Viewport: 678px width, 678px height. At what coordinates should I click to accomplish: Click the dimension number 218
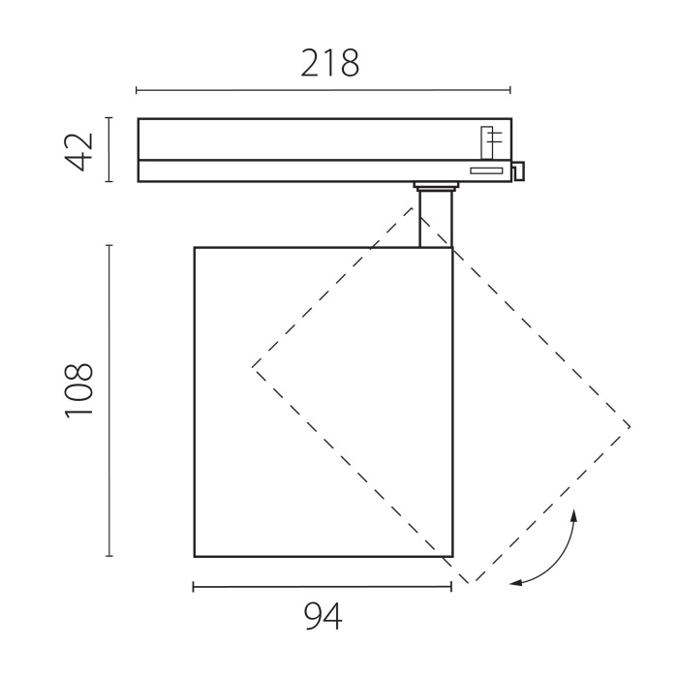tap(329, 63)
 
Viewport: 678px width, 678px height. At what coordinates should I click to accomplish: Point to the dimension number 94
tap(323, 616)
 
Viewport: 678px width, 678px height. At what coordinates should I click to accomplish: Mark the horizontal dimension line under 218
tap(323, 91)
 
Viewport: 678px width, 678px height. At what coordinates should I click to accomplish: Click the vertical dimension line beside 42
tap(109, 150)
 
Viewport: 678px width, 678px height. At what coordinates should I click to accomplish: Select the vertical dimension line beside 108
tap(109, 400)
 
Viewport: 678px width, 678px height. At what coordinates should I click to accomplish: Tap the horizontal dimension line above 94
tap(323, 587)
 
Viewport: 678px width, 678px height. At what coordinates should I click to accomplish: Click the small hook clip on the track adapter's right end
tap(518, 170)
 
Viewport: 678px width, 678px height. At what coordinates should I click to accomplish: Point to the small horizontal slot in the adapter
tap(486, 170)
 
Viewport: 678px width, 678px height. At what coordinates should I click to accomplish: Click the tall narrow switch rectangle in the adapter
tap(489, 141)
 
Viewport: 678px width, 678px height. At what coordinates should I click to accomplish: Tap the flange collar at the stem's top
tap(434, 185)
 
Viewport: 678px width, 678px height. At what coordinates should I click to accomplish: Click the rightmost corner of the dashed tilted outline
tap(631, 426)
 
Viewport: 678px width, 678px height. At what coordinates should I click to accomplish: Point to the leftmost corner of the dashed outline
tap(253, 366)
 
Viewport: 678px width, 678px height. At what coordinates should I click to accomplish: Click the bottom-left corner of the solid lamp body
tap(195, 557)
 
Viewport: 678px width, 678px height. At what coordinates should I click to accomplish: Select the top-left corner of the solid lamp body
tap(195, 248)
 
